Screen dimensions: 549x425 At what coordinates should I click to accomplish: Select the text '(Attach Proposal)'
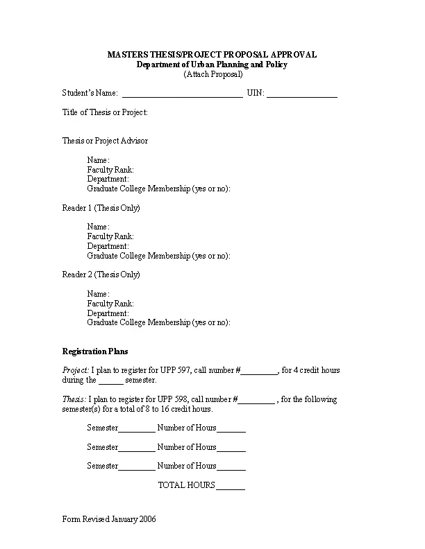click(x=212, y=74)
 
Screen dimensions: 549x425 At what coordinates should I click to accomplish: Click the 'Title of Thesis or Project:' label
click(x=105, y=112)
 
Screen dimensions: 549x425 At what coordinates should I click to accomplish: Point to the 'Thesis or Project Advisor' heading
click(x=105, y=141)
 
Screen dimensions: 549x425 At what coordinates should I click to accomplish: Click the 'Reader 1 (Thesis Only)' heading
click(x=101, y=208)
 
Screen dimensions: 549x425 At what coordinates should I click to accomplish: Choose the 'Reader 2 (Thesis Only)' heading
click(x=101, y=274)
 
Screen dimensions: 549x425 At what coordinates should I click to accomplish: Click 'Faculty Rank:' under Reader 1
click(x=110, y=236)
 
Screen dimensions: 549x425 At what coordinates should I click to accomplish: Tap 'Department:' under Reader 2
click(x=108, y=313)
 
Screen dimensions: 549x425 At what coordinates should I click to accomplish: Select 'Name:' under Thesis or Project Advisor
click(x=98, y=160)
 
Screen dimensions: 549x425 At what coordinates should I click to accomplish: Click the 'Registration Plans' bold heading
click(x=95, y=351)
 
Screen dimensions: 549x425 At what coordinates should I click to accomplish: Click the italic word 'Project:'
click(x=75, y=370)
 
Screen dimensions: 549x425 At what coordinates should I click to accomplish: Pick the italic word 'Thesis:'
click(x=74, y=399)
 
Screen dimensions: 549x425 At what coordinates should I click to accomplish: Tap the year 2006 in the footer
click(x=147, y=519)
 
